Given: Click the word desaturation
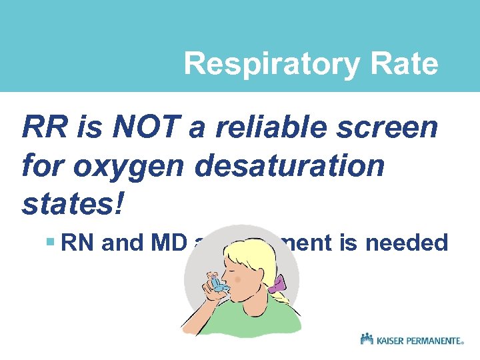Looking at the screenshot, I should [290, 165].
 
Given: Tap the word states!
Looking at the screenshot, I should [73, 204].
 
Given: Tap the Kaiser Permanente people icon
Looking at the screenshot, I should [367, 340].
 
